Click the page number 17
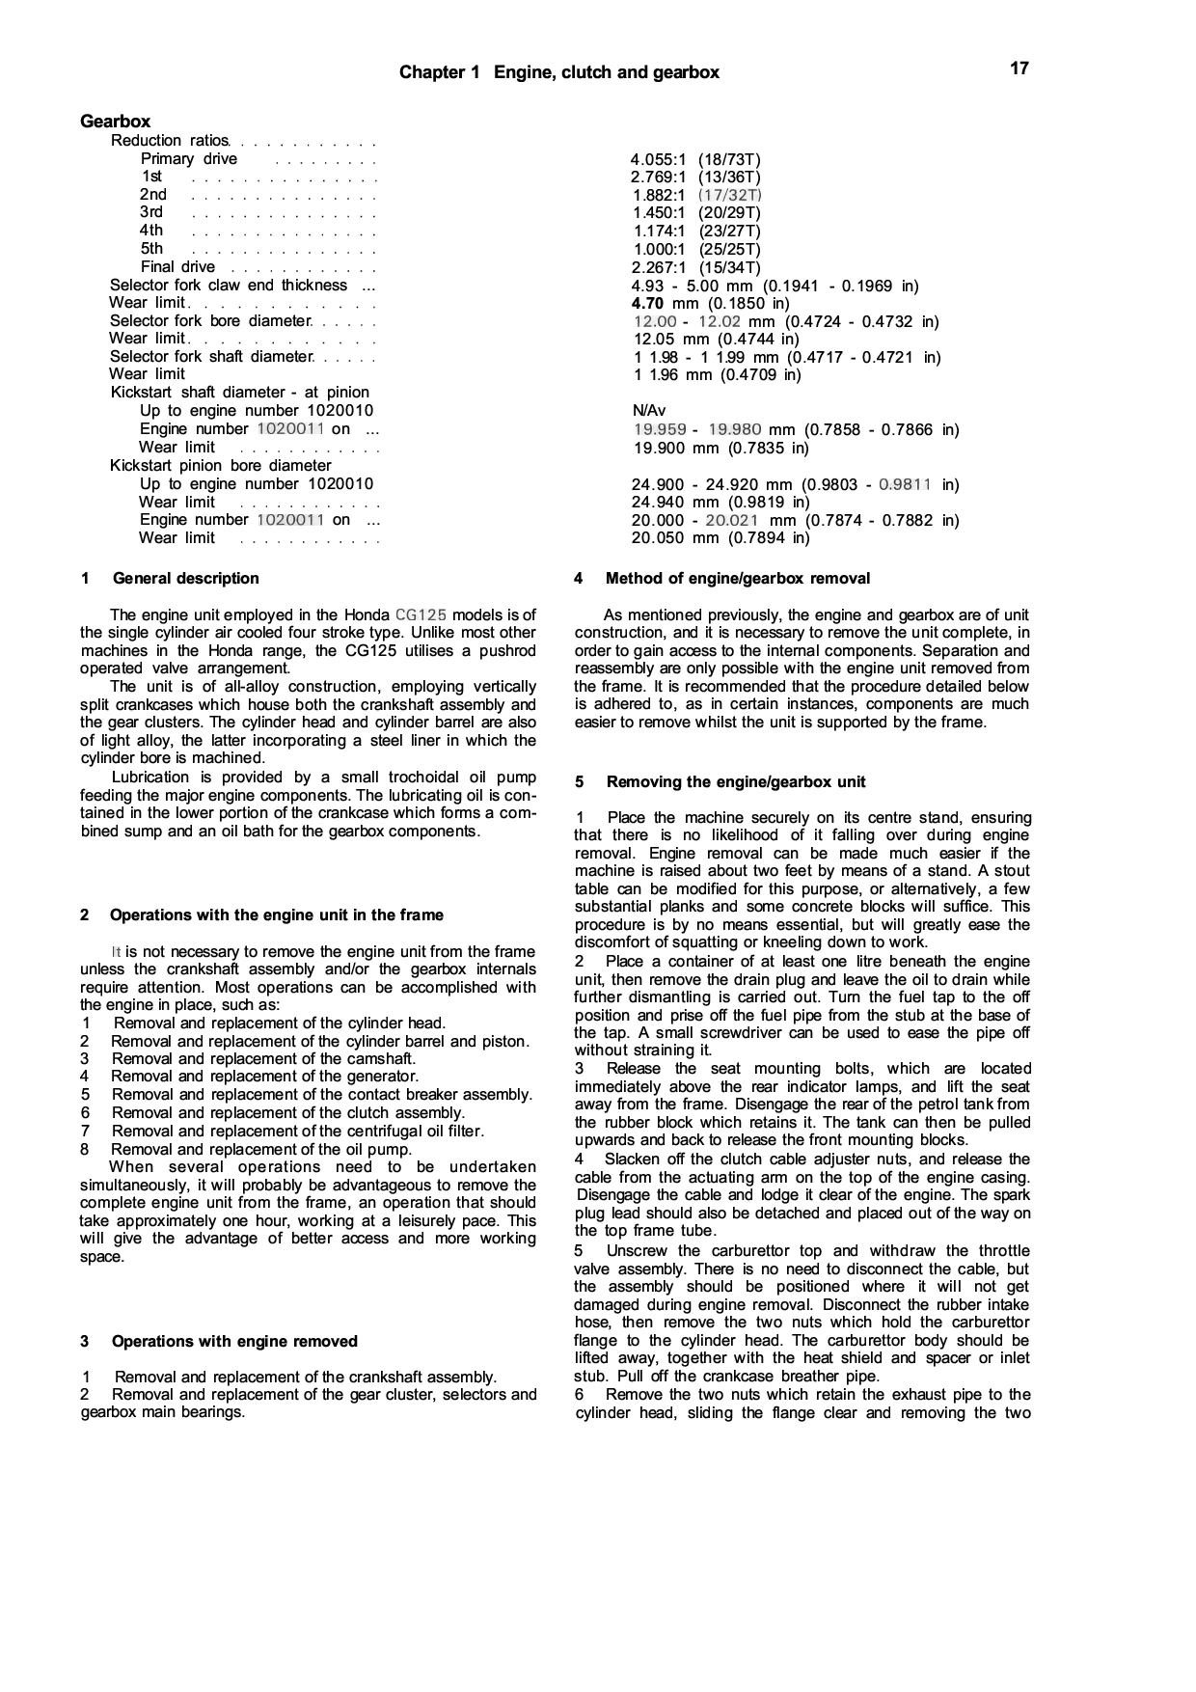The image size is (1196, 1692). (1019, 68)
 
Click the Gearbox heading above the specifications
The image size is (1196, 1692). (115, 122)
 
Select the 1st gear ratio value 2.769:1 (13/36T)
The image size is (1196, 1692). (695, 177)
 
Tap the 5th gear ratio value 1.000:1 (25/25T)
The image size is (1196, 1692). (695, 249)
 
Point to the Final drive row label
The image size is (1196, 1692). (177, 267)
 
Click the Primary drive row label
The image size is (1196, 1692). (189, 159)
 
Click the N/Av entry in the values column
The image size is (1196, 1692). (648, 411)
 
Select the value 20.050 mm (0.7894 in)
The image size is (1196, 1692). (720, 538)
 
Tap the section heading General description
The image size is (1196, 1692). (185, 579)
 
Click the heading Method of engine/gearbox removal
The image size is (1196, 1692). (737, 579)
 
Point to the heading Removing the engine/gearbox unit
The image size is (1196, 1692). (736, 782)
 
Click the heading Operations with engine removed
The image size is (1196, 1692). (234, 1342)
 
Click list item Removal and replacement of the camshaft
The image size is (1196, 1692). (263, 1059)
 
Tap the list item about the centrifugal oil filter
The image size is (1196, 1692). (297, 1131)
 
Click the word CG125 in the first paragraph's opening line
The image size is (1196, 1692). (421, 615)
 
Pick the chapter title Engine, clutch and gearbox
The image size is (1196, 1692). (607, 72)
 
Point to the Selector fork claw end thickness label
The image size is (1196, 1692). (229, 286)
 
